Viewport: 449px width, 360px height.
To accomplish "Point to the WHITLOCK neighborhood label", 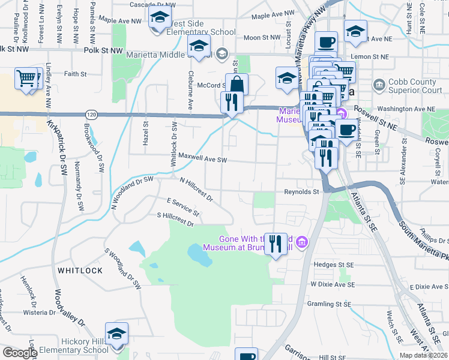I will coord(80,271).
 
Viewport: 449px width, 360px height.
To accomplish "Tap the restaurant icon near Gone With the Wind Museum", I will coord(276,244).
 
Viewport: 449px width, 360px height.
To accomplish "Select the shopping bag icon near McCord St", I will coord(237,84).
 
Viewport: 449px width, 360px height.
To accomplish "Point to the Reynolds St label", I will coord(301,192).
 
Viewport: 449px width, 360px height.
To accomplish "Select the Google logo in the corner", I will coord(19,352).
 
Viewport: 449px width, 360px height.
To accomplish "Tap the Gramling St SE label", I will coord(329,304).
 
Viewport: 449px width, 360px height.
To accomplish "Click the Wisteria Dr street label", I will coord(39,313).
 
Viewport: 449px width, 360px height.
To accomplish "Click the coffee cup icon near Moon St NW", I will coord(326,42).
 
